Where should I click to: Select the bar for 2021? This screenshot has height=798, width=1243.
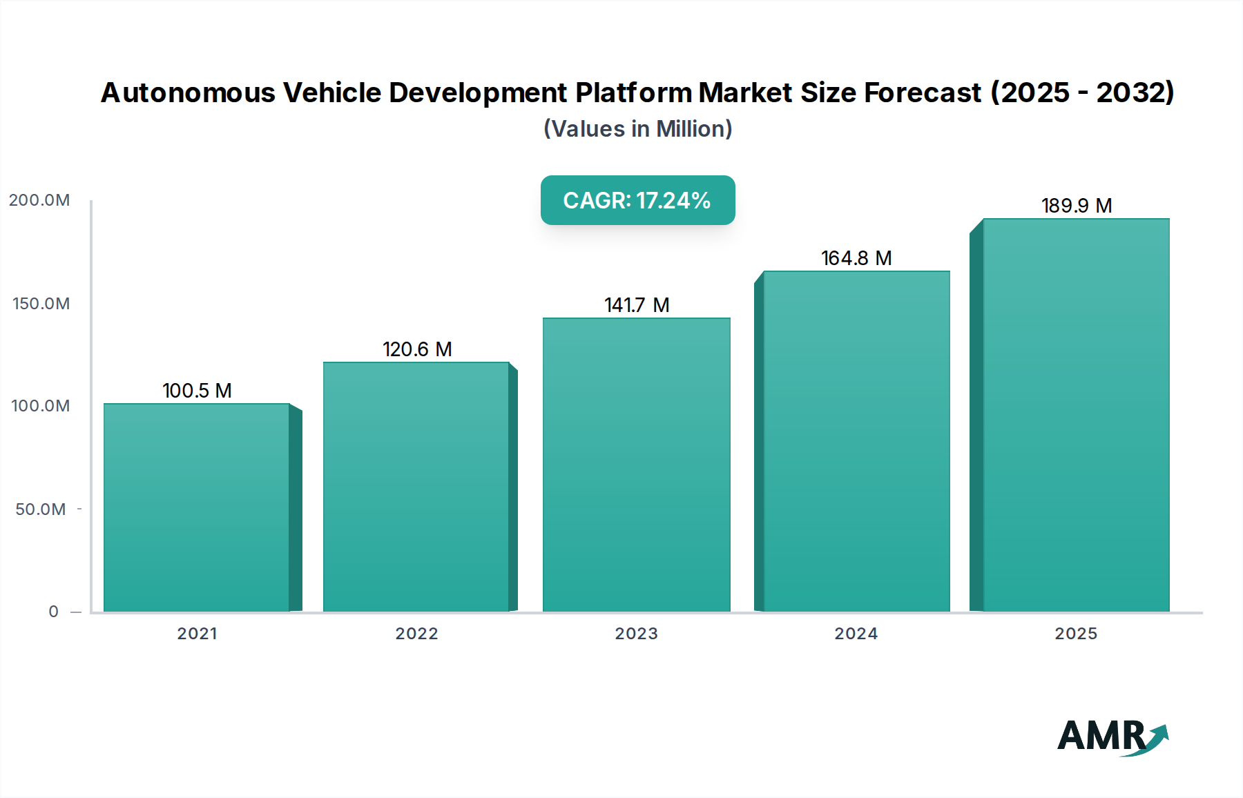coord(197,507)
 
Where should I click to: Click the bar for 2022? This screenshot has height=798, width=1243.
coord(416,487)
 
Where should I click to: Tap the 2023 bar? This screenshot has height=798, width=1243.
coord(636,465)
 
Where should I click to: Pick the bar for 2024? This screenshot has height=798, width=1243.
coord(856,441)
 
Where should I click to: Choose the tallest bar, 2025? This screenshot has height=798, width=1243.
coord(1076,415)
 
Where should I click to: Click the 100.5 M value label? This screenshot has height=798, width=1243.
coord(197,391)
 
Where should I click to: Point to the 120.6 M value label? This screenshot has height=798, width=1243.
coord(417,349)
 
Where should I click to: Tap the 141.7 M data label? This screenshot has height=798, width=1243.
coord(637,305)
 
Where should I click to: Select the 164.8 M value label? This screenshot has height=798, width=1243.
coord(856,258)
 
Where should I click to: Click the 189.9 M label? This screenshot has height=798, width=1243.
coord(1076,206)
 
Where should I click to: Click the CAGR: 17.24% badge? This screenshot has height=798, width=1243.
coord(637,200)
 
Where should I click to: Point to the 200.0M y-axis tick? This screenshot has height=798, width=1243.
coord(39,200)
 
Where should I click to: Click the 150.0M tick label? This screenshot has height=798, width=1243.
coord(41,304)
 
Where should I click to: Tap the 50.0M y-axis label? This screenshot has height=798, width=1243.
coord(41,509)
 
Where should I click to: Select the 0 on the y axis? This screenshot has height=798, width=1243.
coord(54,612)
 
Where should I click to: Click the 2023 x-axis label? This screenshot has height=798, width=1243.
coord(636,634)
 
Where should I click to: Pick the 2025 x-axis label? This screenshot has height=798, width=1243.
coord(1076,634)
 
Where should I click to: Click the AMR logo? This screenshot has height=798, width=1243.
coord(1112,736)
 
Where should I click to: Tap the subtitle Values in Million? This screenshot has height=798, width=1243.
coord(637,129)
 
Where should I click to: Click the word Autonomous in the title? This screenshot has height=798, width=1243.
coord(188,93)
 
